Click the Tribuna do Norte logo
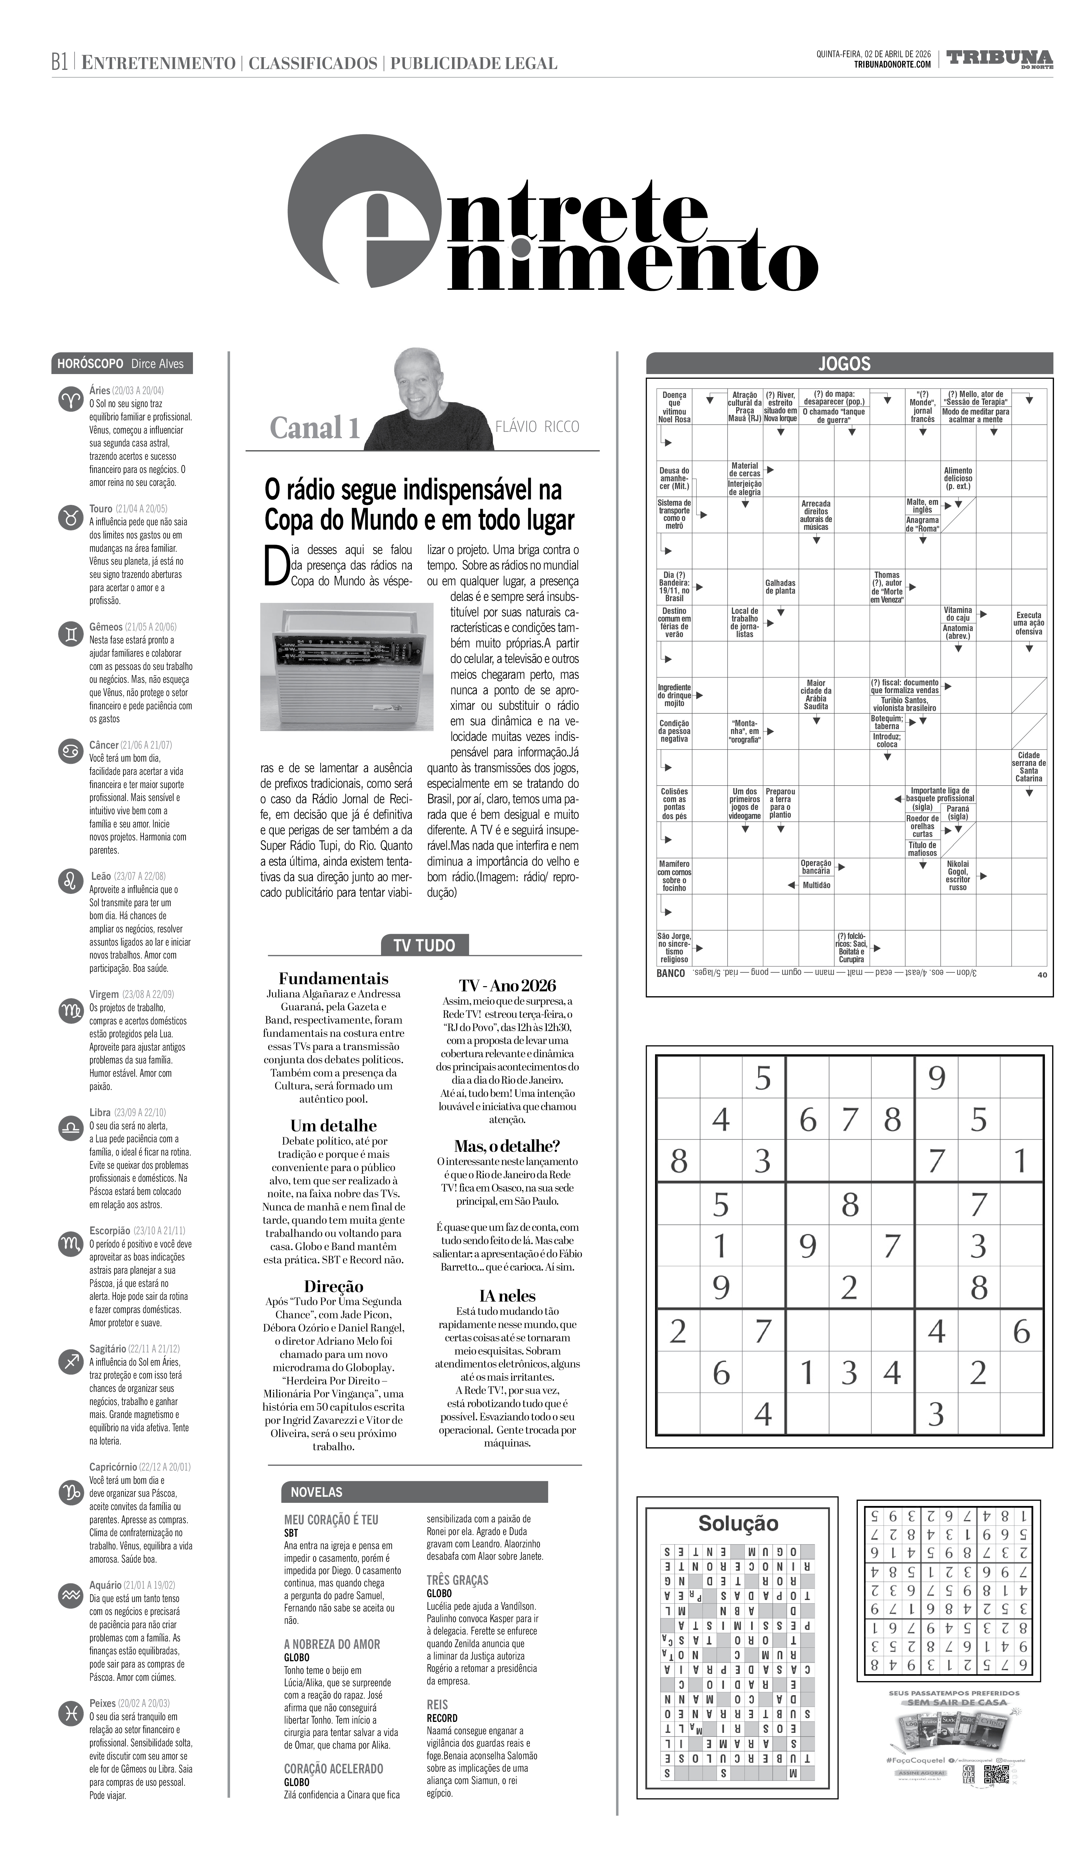point(999,59)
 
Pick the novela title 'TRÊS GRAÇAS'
point(458,1580)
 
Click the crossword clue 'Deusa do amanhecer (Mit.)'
point(674,478)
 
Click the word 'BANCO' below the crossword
point(671,973)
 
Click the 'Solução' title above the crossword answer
point(738,1524)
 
